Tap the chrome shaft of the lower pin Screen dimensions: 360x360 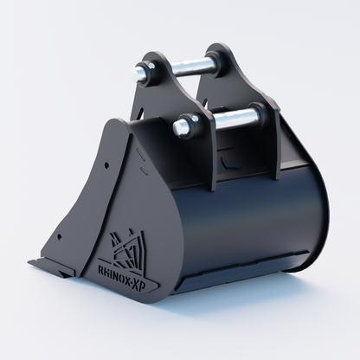click(233, 118)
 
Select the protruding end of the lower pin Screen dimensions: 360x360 click(179, 128)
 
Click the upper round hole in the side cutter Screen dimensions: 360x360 click(106, 165)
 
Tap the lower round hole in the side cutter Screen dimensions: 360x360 click(60, 237)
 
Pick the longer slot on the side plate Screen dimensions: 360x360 click(142, 153)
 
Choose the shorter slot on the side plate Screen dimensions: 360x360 click(144, 170)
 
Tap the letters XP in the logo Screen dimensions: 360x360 click(148, 285)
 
